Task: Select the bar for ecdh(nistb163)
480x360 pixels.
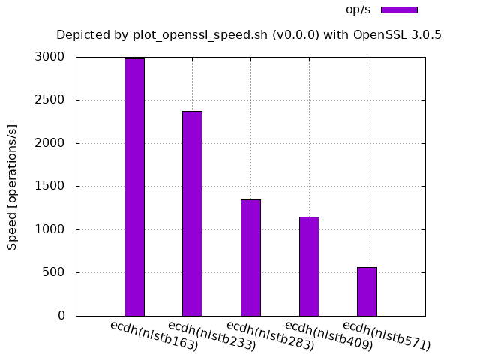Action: [x=134, y=187]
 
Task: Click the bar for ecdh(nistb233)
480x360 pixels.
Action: [x=192, y=213]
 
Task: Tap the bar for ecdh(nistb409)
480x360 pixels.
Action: [x=309, y=265]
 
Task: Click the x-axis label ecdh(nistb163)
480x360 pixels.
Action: [x=154, y=335]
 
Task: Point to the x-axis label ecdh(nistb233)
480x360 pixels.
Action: [x=212, y=335]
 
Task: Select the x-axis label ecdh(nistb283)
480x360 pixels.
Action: [x=271, y=335]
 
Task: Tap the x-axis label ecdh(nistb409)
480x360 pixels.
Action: [x=329, y=335]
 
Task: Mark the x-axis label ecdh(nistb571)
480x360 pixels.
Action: [x=387, y=335]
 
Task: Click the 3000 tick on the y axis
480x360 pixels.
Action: [x=49, y=57]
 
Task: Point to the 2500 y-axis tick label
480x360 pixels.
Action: [x=49, y=100]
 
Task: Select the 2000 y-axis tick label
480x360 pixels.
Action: [x=49, y=143]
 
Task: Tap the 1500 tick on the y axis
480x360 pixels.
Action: [x=49, y=186]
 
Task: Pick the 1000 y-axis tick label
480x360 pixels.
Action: [x=49, y=229]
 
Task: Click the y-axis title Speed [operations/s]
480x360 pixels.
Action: [x=12, y=187]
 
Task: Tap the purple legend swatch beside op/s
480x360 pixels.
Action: [x=399, y=10]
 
